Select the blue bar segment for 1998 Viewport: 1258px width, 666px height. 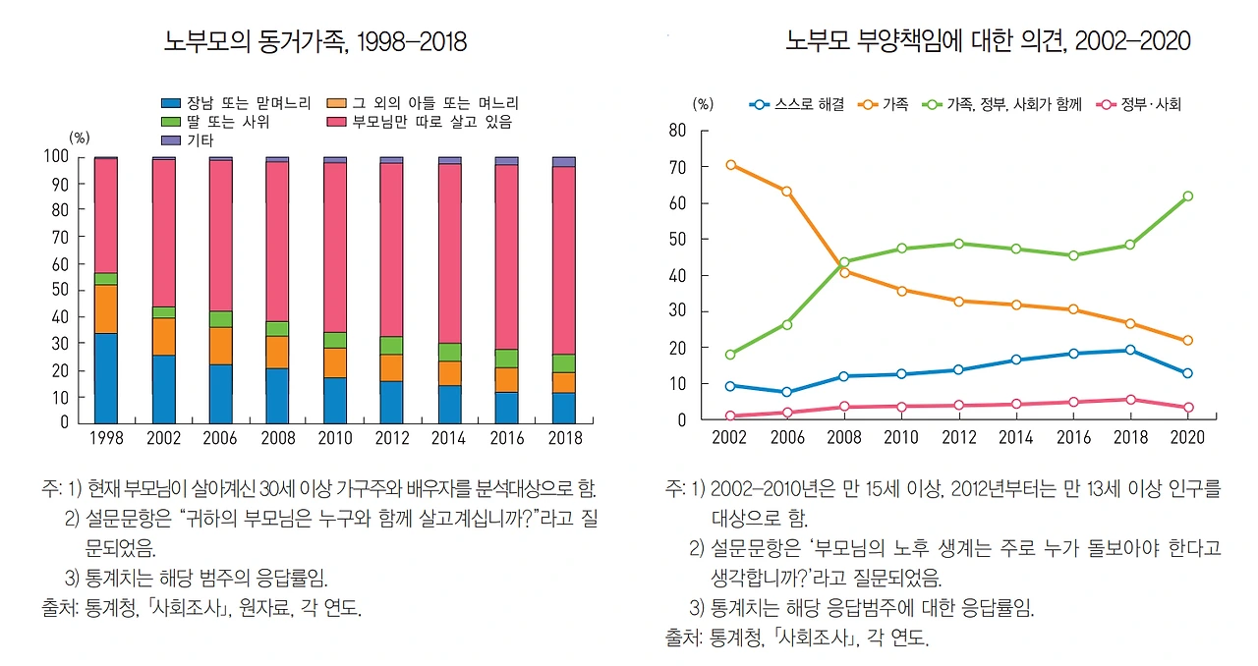(105, 378)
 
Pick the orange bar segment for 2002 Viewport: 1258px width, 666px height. (163, 337)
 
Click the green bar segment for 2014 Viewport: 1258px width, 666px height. (449, 352)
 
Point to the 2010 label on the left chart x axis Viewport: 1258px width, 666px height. (335, 438)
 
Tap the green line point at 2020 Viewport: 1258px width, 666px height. (1187, 196)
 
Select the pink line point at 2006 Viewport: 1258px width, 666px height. (786, 413)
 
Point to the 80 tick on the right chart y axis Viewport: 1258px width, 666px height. (677, 131)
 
